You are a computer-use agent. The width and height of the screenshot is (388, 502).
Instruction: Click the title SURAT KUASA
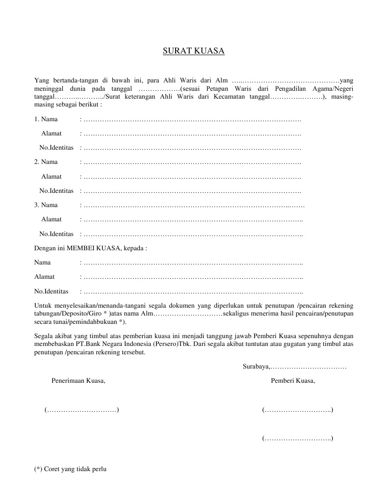point(194,51)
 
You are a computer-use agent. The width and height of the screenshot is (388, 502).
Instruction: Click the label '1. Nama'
point(46,119)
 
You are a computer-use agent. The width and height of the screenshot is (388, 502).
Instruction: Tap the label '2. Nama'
point(46,162)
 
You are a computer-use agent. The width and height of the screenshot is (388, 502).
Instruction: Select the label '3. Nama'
point(46,205)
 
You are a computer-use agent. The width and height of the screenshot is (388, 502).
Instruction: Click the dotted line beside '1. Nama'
point(192,119)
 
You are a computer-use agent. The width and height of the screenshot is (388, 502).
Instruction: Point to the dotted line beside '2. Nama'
point(192,162)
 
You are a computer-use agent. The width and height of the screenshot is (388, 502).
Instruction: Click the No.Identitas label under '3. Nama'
point(56,234)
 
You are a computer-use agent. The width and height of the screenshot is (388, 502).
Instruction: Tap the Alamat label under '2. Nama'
point(51,176)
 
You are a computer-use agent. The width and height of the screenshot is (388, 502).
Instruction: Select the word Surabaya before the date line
point(255,367)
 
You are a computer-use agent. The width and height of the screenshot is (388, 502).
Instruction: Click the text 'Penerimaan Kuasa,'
point(78,380)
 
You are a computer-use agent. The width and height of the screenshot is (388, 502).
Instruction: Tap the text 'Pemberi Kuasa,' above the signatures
point(293,380)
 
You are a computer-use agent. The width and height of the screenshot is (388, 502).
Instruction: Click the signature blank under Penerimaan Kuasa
point(81,410)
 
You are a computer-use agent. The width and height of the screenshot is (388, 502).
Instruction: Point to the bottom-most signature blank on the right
point(298,438)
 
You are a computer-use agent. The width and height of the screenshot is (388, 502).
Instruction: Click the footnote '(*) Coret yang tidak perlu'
point(70,469)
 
